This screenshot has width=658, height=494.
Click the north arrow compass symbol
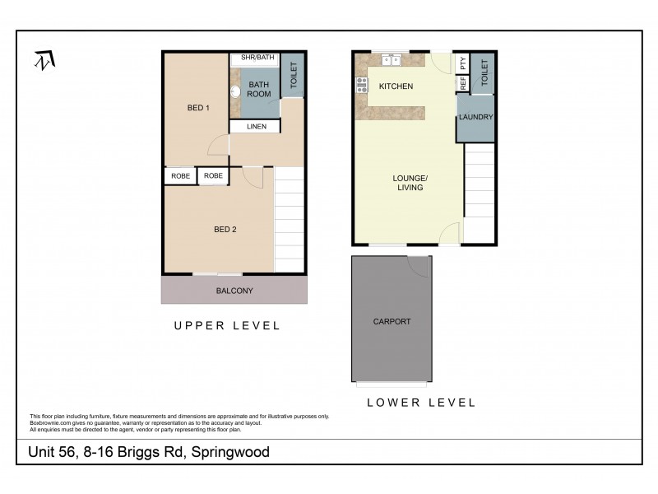(x=44, y=62)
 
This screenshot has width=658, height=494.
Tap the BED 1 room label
(x=198, y=108)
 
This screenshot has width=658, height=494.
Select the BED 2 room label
(x=225, y=230)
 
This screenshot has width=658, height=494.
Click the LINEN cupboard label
(x=256, y=127)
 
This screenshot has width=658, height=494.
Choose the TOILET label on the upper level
(x=292, y=75)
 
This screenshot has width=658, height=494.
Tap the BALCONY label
(x=234, y=291)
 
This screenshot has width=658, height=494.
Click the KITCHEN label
(x=396, y=86)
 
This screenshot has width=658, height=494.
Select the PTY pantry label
(x=463, y=63)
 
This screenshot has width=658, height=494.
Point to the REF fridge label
(x=463, y=83)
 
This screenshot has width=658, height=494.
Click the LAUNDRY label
(x=476, y=117)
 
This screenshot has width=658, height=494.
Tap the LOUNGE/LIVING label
(x=409, y=183)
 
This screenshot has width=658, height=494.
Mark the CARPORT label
(x=392, y=321)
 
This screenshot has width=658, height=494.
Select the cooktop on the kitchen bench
(x=360, y=84)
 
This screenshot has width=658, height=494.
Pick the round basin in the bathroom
(x=234, y=92)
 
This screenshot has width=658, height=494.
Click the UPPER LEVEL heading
(x=226, y=326)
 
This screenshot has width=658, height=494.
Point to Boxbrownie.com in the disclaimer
(x=48, y=421)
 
